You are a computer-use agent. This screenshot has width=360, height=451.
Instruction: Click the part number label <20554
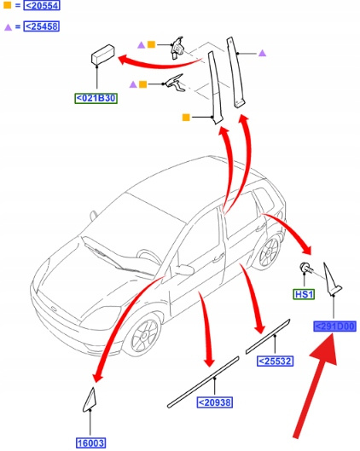point(42,5)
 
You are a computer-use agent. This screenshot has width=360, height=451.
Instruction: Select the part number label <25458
point(42,26)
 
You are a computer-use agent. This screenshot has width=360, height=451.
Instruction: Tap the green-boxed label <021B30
point(96,98)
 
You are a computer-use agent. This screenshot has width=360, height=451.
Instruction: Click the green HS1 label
point(304,294)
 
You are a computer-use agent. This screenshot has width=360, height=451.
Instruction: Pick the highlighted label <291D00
point(334,327)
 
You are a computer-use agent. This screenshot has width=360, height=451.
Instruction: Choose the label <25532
point(275,361)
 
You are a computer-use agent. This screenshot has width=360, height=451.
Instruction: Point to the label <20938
point(215,402)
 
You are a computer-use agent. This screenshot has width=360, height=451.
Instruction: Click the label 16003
point(90,443)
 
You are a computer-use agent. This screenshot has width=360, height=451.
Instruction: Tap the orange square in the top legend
point(8,5)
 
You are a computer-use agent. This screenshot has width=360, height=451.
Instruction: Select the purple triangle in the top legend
point(8,27)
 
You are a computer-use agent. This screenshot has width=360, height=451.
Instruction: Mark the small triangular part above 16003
point(90,400)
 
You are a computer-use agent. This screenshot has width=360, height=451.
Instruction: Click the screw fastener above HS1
point(306,268)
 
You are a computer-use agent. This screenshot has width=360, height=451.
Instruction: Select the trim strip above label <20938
point(203,382)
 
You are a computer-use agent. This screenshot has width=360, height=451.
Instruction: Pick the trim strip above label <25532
point(268,336)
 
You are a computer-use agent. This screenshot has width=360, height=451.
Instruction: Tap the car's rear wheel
point(269,252)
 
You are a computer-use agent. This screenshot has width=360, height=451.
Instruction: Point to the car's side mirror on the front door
point(184,269)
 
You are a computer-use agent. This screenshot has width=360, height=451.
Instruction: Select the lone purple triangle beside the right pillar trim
point(262,53)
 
